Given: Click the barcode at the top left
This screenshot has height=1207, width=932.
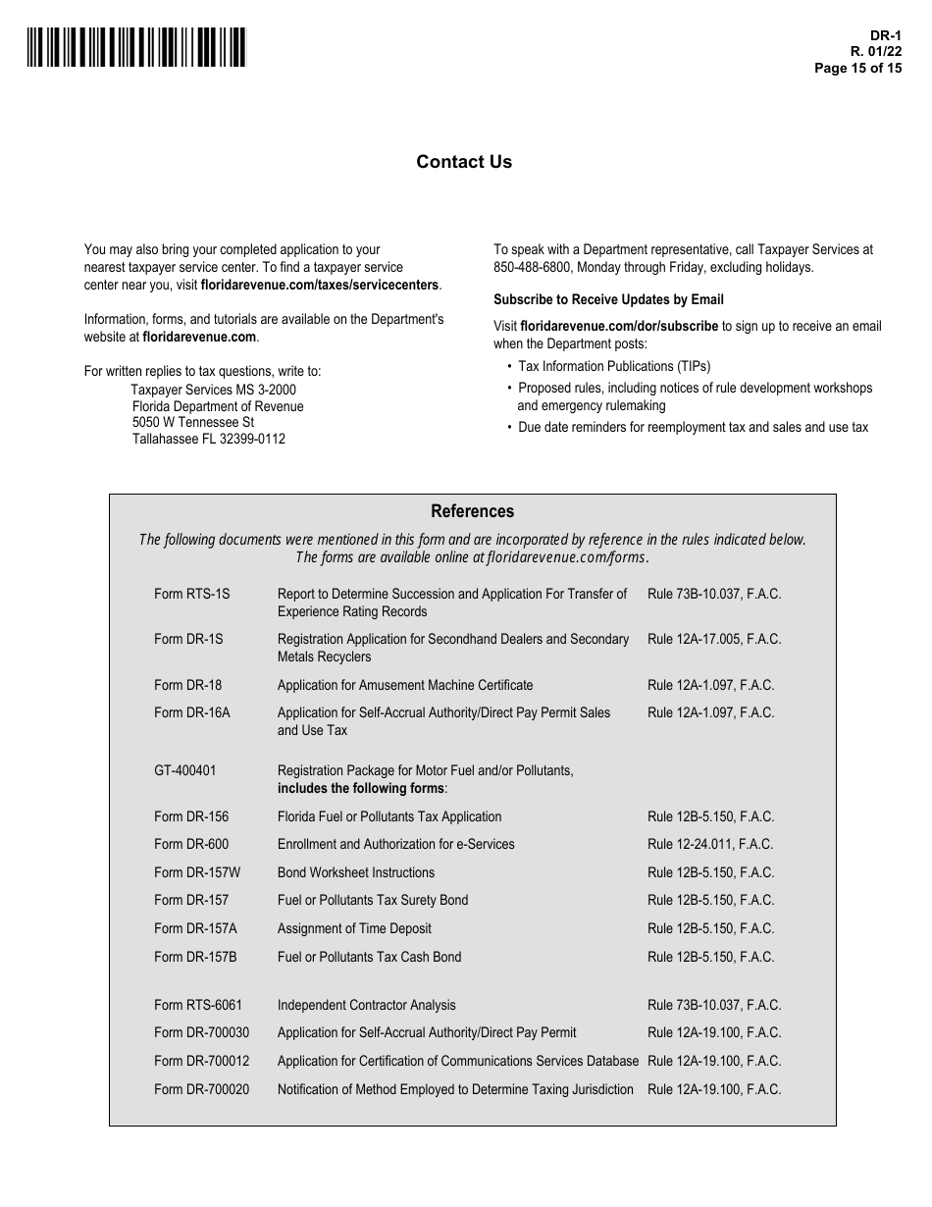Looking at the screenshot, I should (136, 47).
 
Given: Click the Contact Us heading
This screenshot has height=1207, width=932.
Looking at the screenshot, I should (464, 162).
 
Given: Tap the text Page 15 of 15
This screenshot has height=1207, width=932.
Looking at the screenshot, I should (857, 69).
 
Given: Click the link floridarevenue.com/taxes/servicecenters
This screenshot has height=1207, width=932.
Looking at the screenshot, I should (320, 286).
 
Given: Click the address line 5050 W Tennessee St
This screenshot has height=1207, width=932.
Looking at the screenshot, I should (193, 422).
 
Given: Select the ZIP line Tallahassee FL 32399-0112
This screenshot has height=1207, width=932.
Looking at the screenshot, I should (209, 439).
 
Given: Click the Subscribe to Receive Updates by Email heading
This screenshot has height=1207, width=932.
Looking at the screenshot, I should (608, 299).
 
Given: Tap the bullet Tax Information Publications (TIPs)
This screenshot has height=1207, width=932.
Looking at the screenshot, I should (614, 366).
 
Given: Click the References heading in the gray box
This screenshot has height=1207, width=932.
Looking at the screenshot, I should (472, 511).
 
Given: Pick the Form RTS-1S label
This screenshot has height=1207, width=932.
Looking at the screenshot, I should (192, 594).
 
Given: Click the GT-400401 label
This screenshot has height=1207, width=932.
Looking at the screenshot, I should (185, 770).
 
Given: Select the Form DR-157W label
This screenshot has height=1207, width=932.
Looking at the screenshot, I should (197, 872).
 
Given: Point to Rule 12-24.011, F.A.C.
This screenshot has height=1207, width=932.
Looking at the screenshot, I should (710, 844).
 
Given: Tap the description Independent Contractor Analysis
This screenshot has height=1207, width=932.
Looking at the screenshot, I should (367, 1005).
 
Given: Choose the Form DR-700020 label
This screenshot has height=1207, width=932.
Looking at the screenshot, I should (202, 1089).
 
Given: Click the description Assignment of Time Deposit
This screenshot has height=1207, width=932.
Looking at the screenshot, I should (354, 928).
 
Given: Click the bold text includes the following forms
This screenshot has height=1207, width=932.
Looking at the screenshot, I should (361, 788).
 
